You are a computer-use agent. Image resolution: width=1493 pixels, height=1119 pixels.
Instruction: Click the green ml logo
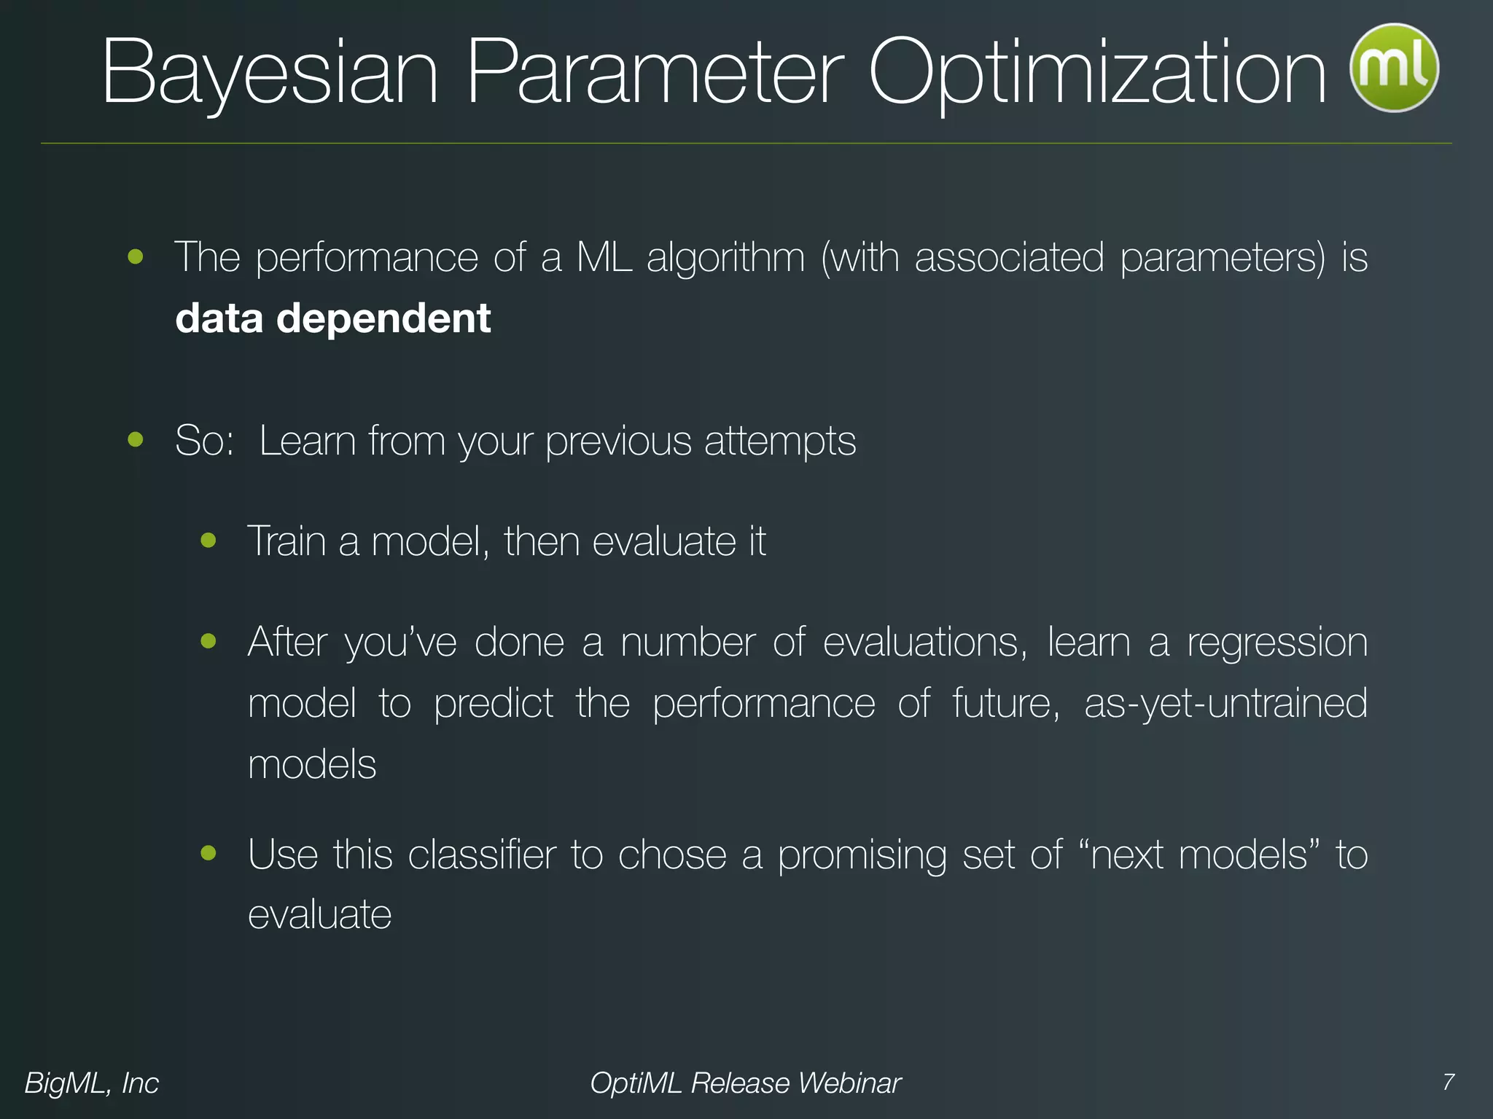[x=1394, y=68]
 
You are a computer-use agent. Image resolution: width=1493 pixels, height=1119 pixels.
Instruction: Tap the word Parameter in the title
[x=654, y=74]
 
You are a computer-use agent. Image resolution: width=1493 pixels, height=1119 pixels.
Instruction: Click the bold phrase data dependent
[x=333, y=318]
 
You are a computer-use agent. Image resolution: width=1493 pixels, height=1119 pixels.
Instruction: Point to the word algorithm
[x=725, y=258]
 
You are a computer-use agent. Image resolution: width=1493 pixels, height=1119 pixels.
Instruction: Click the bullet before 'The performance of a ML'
[x=136, y=256]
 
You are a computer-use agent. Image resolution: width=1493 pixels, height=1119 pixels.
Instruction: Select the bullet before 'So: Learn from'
[x=136, y=439]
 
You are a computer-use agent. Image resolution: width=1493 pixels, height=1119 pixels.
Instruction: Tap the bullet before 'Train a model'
[x=209, y=540]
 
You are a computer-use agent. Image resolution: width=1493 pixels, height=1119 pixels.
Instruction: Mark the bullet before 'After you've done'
[x=209, y=640]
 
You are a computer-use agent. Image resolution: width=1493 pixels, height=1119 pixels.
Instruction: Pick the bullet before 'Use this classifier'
[x=209, y=852]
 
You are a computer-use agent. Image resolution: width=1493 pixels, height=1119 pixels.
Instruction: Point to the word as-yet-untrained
[x=1225, y=704]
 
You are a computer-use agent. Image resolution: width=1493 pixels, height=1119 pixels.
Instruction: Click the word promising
[x=862, y=855]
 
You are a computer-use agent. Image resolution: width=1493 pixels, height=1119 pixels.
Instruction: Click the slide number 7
[x=1449, y=1082]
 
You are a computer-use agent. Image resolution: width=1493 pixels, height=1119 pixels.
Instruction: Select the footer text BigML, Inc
[x=92, y=1083]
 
